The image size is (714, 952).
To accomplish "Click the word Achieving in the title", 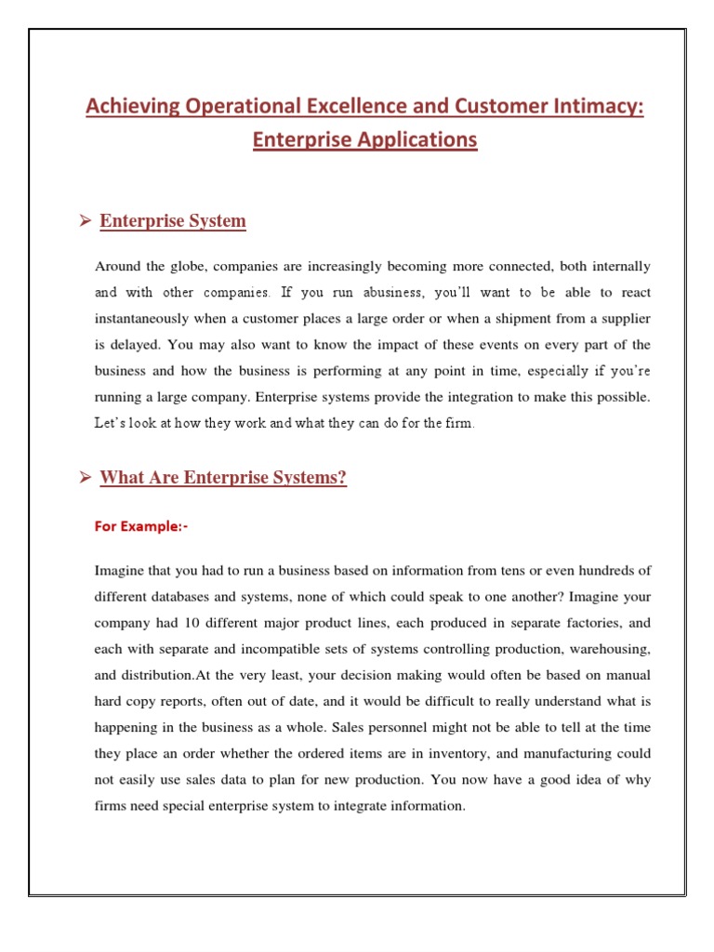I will (x=127, y=107).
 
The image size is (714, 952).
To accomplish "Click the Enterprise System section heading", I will (x=173, y=221).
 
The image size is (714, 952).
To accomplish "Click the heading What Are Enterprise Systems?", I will (x=223, y=479).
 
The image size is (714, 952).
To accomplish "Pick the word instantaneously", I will (x=151, y=318).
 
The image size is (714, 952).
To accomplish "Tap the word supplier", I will (x=623, y=318).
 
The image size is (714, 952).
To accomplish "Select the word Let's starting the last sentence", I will (x=114, y=423).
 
